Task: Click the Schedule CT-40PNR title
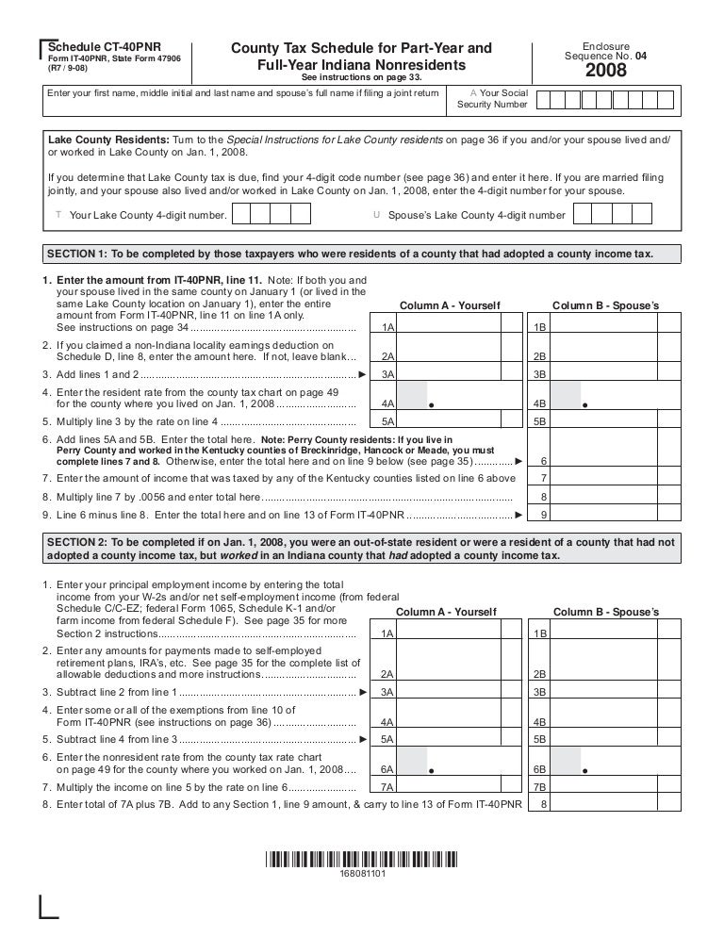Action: [92, 47]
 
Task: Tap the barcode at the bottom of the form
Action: [361, 860]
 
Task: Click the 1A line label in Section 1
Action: [386, 327]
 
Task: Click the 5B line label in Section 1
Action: [540, 421]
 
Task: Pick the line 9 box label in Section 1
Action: [543, 515]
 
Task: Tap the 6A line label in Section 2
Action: [386, 769]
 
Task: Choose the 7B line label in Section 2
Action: [540, 787]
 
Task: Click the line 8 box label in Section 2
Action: [543, 805]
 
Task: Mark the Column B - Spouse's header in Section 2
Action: [606, 613]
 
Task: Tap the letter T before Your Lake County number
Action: [59, 215]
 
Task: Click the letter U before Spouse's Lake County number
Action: [377, 215]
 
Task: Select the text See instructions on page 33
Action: [361, 77]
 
